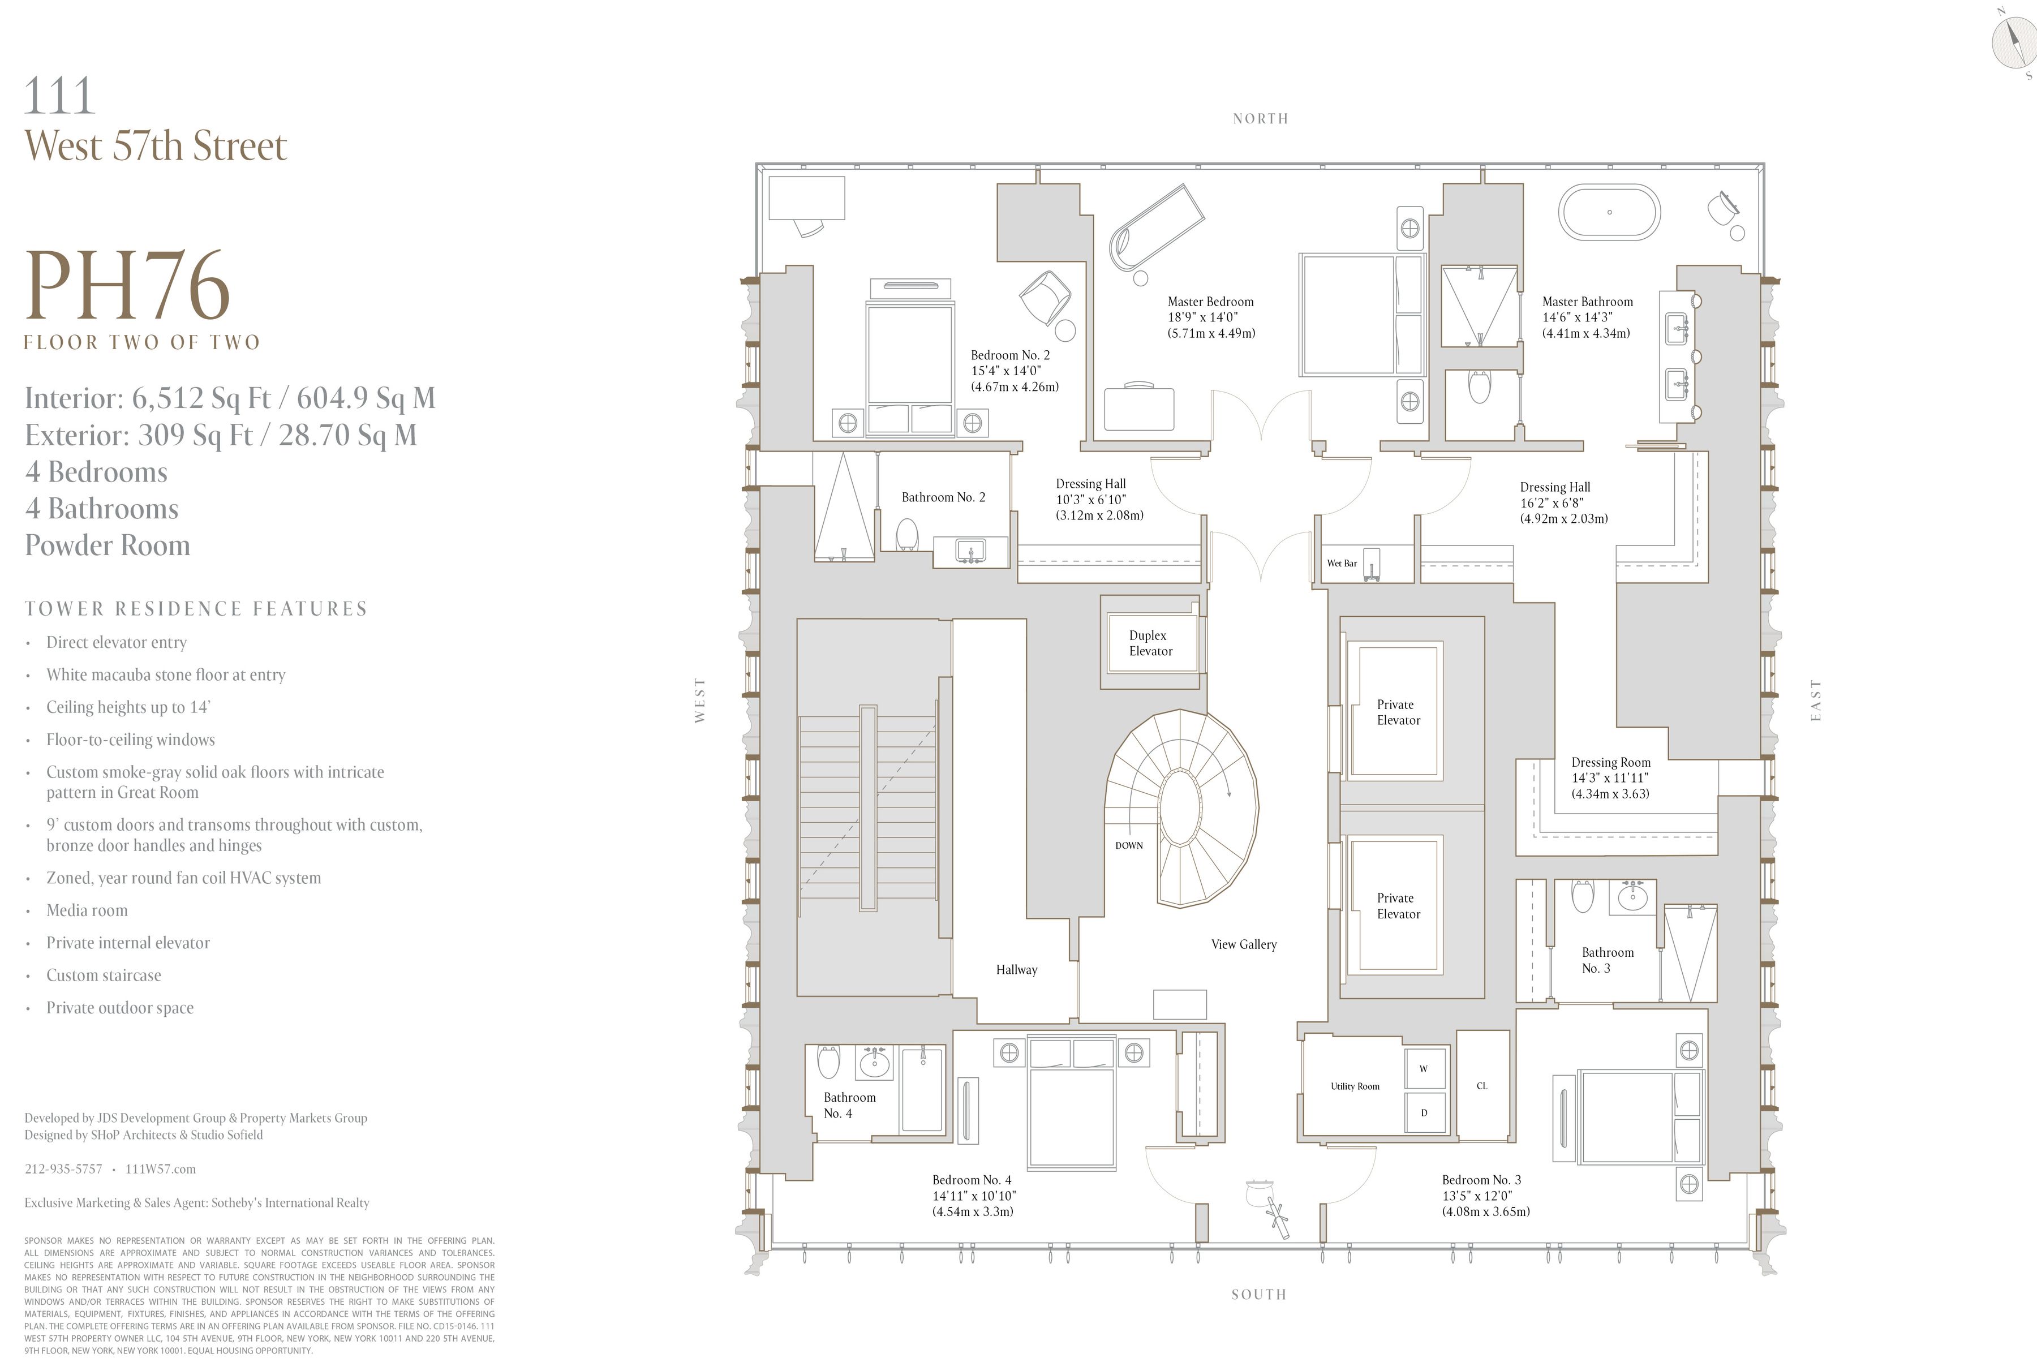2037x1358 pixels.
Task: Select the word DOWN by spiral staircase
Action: (x=1128, y=845)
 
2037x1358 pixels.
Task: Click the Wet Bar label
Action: (x=1342, y=564)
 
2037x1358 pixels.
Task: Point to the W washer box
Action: (x=1423, y=1069)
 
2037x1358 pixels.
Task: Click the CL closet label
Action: (x=1482, y=1086)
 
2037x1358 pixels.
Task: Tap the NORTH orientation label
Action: (x=1260, y=119)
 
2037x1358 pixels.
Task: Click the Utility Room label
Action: (x=1355, y=1086)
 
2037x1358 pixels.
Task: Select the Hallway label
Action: (x=1016, y=970)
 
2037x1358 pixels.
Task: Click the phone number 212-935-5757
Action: (x=63, y=1169)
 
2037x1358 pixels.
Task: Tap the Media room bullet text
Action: (x=87, y=910)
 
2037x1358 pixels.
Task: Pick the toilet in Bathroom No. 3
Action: (x=1582, y=896)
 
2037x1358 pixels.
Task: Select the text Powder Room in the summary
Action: (x=108, y=545)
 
